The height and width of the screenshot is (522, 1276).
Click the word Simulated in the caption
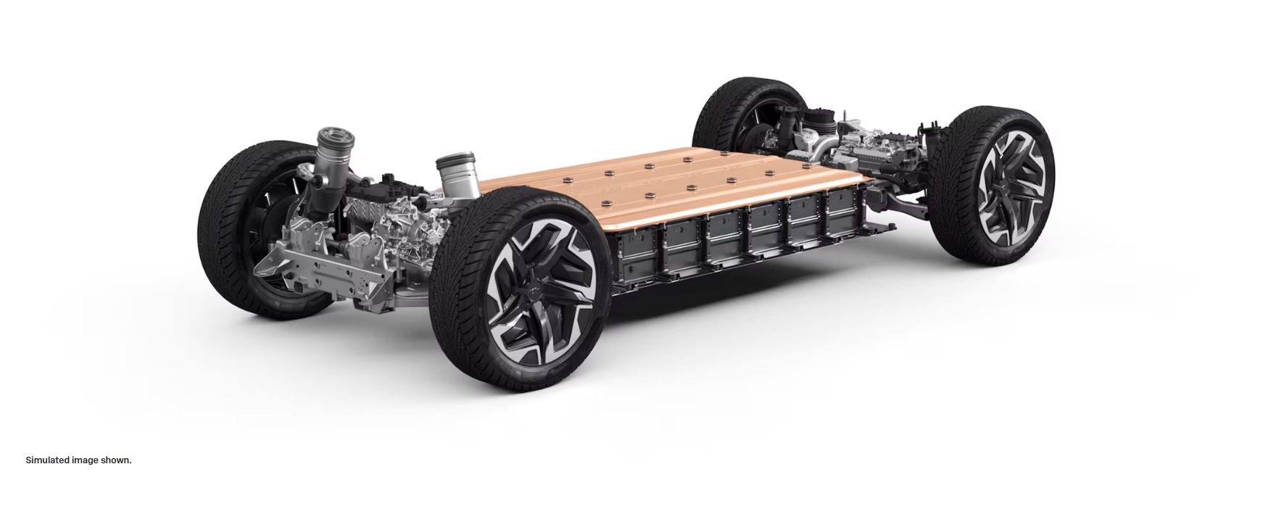(48, 460)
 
